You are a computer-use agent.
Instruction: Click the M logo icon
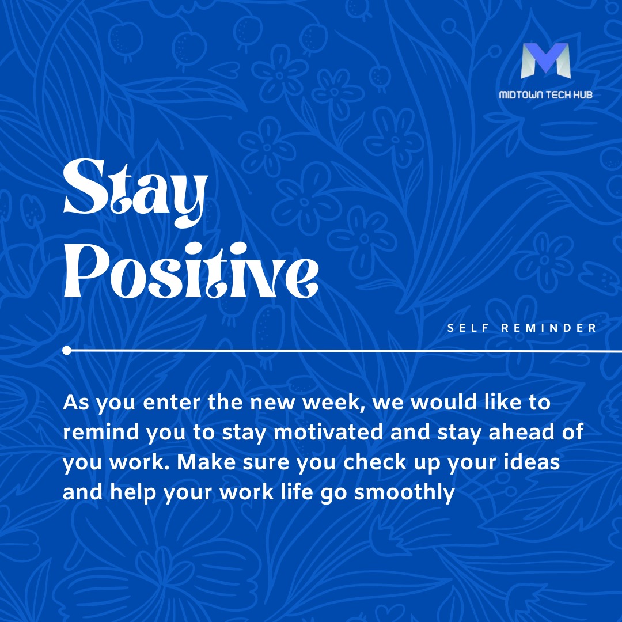click(545, 61)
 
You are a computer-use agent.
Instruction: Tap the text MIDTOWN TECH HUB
click(545, 95)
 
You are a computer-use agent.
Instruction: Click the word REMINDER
click(548, 328)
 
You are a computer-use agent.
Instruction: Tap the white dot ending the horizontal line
click(67, 350)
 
